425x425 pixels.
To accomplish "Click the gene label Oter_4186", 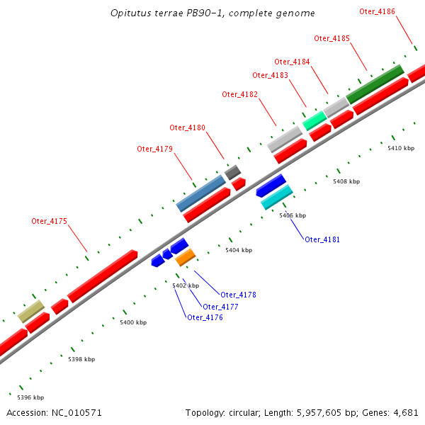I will pyautogui.click(x=377, y=11).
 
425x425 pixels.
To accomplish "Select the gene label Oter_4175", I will pyautogui.click(x=49, y=221).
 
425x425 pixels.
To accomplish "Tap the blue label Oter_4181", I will pyautogui.click(x=322, y=239).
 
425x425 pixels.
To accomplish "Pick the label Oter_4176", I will pyautogui.click(x=205, y=317).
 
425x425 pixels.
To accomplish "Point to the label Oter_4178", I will pyautogui.click(x=238, y=295).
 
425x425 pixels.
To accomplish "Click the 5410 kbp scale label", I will pyautogui.click(x=400, y=148).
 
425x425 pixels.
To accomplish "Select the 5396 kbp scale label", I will pyautogui.click(x=30, y=397).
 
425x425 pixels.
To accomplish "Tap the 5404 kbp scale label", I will pyautogui.click(x=238, y=250).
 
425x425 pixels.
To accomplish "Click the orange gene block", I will pyautogui.click(x=185, y=256).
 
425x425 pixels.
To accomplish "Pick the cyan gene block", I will pyautogui.click(x=277, y=198).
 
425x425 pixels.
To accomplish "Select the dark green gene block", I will pyautogui.click(x=375, y=83).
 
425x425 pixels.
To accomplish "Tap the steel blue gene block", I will pyautogui.click(x=201, y=193).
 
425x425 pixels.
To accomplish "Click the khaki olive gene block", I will pyautogui.click(x=31, y=311).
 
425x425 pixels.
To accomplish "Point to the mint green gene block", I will pyautogui.click(x=314, y=120).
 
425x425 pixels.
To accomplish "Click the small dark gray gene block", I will pyautogui.click(x=232, y=171).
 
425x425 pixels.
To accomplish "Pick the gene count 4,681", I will pyautogui.click(x=405, y=412).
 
